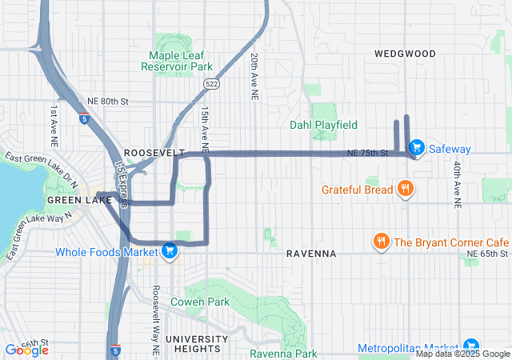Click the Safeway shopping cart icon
click(416, 148)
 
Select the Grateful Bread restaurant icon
click(406, 190)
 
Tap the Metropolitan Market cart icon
click(470, 346)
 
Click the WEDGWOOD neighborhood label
click(405, 54)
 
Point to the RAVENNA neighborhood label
click(310, 253)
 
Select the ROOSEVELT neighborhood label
click(154, 152)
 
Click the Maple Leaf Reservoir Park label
click(181, 61)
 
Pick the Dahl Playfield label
click(323, 125)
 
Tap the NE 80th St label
click(106, 102)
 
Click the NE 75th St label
click(367, 153)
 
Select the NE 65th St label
click(487, 254)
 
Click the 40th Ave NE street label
click(457, 185)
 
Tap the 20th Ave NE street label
click(253, 77)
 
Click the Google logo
click(27, 350)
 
